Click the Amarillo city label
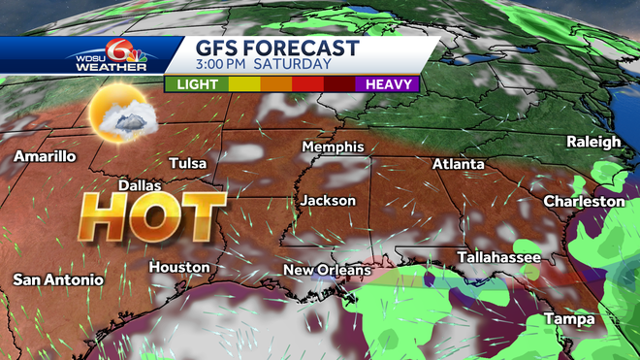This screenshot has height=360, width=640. tap(45, 155)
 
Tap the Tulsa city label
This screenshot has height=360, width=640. tap(188, 163)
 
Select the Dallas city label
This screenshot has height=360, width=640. tap(139, 184)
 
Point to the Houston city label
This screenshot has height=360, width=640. tap(178, 267)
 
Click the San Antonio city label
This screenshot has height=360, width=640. tap(57, 279)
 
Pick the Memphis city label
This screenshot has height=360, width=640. tap(333, 147)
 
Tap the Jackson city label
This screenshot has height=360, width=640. tap(328, 201)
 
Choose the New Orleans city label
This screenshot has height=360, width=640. tap(327, 269)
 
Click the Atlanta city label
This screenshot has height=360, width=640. tap(458, 164)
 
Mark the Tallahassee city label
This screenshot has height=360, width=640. tap(498, 256)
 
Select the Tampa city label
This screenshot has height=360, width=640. tap(569, 320)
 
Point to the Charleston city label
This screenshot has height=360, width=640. tap(584, 201)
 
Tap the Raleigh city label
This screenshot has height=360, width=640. tap(593, 142)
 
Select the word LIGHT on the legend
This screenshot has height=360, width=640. tap(197, 84)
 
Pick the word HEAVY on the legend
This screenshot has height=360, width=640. tap(389, 84)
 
